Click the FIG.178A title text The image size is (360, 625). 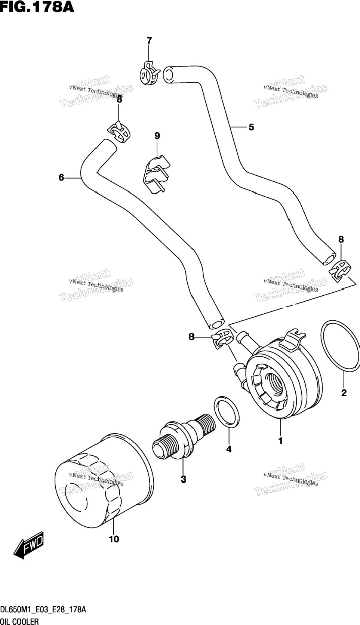point(37,7)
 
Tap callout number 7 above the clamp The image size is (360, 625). point(149,41)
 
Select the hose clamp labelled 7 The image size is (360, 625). point(149,73)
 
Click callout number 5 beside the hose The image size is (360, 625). point(251,127)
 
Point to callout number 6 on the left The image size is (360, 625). point(61,178)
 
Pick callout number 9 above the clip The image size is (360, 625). point(157,136)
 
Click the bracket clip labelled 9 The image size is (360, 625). point(156,174)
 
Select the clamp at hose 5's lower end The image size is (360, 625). point(340,270)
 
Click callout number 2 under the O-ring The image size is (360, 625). point(344,393)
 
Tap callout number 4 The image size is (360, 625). point(229,449)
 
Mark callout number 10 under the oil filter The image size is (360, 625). point(114,539)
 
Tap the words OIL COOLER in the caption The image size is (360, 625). point(19,621)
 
